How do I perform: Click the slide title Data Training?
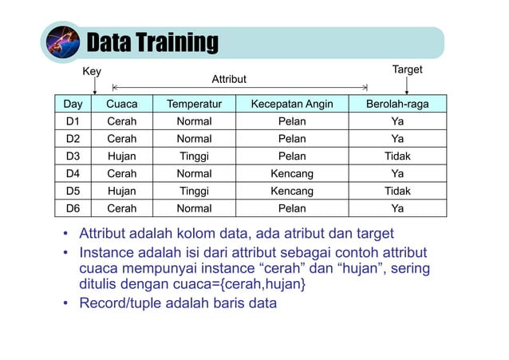coord(151,42)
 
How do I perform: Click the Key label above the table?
coord(93,72)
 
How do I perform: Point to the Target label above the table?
coord(407,70)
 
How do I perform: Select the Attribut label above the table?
coord(229,80)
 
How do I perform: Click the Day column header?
coord(73,104)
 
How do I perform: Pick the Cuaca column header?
coord(122,104)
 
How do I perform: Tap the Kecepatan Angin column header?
coord(292,104)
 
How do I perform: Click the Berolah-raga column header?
coord(397,104)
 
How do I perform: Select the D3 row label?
coord(73,156)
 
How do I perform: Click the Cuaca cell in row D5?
coord(122,192)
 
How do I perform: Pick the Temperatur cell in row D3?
coord(194,156)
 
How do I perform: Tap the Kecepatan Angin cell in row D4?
coord(292,174)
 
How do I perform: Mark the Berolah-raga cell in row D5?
coord(397,192)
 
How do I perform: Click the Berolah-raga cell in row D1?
coord(397,121)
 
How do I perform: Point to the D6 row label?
coord(73,209)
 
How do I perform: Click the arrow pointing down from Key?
coord(94,86)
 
